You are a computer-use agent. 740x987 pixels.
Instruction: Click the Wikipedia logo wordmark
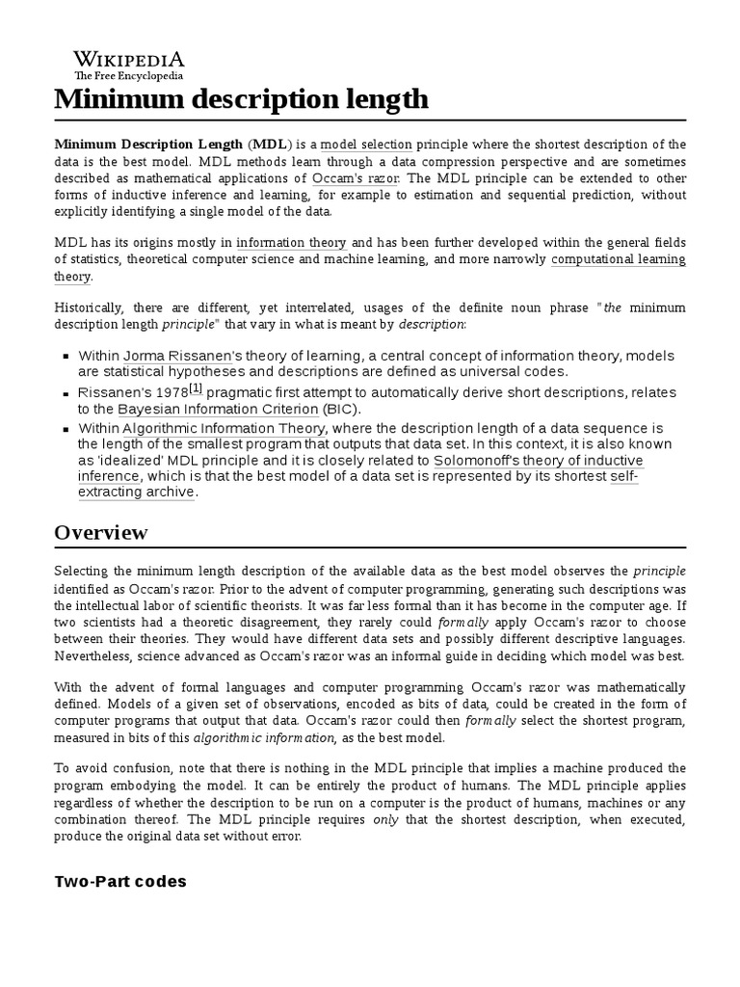(x=129, y=59)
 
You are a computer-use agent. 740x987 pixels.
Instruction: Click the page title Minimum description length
(x=242, y=99)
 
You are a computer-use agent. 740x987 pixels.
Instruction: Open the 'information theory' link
(x=291, y=243)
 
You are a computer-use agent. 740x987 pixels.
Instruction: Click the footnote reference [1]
(x=196, y=388)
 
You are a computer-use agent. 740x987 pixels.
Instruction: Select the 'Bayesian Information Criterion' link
(x=226, y=410)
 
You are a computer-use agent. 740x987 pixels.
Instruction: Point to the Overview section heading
(x=101, y=533)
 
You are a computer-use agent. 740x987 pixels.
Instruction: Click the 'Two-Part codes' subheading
(x=120, y=881)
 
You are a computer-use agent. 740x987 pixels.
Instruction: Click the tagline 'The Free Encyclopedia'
(x=129, y=76)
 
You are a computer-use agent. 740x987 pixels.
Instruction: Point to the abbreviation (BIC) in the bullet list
(x=357, y=410)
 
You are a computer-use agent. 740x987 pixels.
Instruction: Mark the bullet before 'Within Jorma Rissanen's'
(x=65, y=357)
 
